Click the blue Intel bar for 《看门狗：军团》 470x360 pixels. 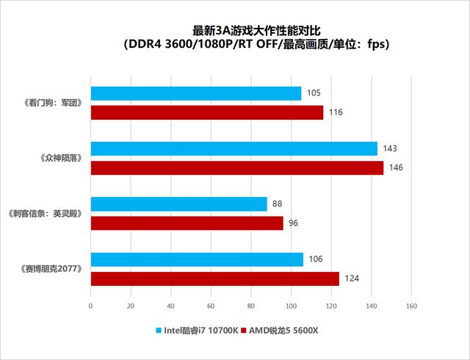point(195,93)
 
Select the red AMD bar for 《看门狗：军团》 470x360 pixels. point(206,112)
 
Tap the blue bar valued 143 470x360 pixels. point(234,148)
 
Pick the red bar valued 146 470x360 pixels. point(236,168)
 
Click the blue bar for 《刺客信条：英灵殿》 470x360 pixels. point(178,204)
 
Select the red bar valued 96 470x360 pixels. point(187,223)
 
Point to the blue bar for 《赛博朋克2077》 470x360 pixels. point(197,259)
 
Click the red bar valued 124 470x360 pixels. point(214,278)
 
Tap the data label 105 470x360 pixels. point(314,93)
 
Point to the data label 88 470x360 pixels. point(277,204)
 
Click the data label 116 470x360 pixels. point(336,112)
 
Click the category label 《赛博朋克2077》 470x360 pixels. point(47,269)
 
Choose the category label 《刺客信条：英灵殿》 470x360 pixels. point(43,213)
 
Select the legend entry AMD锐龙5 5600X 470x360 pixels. point(281,330)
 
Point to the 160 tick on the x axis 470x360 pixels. point(411,306)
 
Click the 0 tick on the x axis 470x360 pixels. point(90,306)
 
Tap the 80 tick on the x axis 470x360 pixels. point(251,306)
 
